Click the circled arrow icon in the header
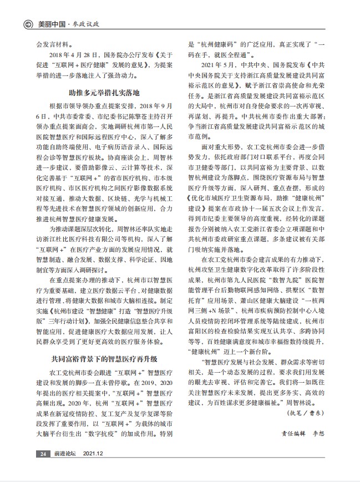pyautogui.click(x=27, y=24)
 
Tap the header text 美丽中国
pyautogui.click(x=50, y=24)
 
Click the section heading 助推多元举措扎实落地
pyautogui.click(x=103, y=92)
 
